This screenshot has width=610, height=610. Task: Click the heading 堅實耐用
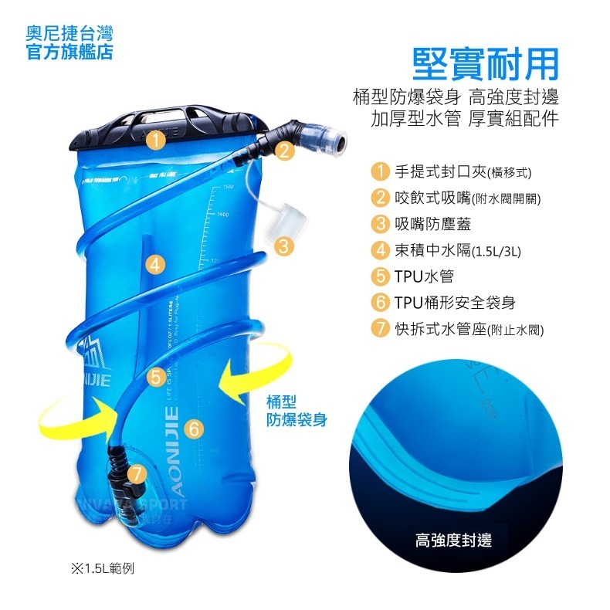[x=484, y=65]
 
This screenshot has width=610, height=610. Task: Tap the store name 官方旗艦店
[x=69, y=53]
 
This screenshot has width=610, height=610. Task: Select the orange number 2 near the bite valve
[x=285, y=151]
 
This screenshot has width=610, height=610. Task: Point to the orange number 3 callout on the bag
[x=283, y=247]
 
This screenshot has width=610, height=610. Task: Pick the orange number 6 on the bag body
[x=195, y=427]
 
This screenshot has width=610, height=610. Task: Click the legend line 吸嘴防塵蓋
[x=432, y=224]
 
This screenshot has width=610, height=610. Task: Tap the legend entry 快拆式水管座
[x=447, y=329]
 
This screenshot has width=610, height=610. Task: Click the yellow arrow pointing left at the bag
[x=251, y=379]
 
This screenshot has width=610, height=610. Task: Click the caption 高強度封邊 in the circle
[x=453, y=540]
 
